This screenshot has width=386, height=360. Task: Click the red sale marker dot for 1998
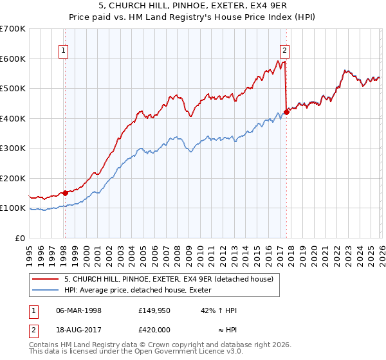click(65, 193)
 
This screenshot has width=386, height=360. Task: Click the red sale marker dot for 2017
click(286, 112)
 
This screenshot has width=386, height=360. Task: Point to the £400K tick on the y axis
click(13, 118)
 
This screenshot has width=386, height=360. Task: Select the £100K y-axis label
click(13, 208)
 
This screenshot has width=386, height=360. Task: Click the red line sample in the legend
click(46, 279)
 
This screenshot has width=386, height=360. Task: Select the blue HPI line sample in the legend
click(46, 290)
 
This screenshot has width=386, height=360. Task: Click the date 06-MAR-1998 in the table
click(78, 310)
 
